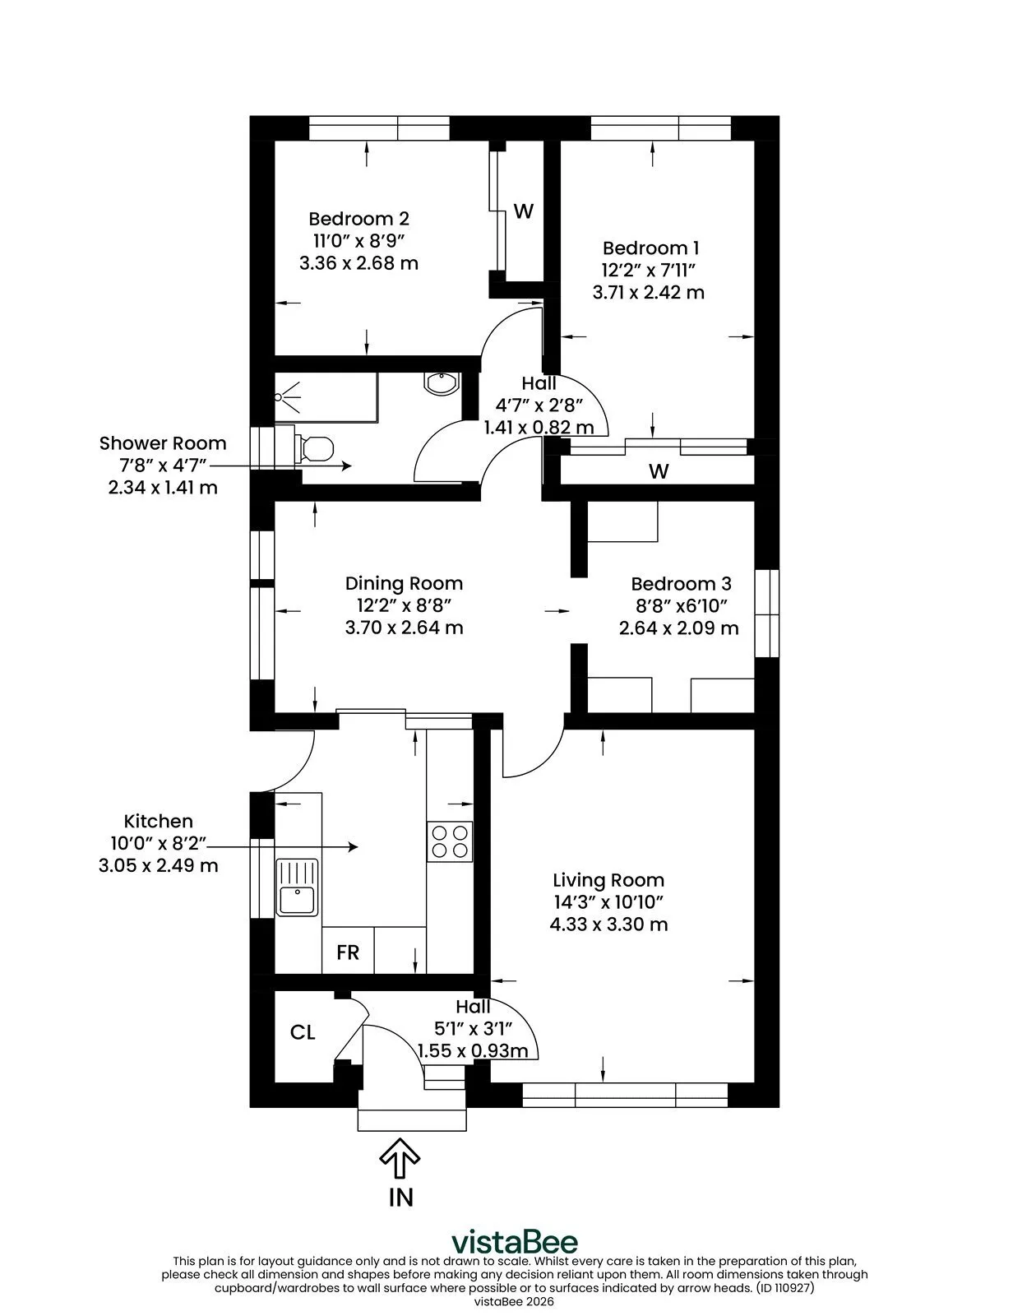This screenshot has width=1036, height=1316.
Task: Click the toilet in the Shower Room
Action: coord(314,448)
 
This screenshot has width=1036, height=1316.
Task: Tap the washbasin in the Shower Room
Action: coord(441,383)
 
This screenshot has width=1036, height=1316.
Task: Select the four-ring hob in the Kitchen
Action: coord(450,841)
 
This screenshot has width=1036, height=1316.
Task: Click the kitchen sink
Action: coord(297,887)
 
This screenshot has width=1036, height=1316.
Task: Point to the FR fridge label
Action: coord(348,952)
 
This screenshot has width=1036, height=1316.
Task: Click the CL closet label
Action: coord(303,1032)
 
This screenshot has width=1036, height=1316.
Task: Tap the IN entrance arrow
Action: coord(400,1157)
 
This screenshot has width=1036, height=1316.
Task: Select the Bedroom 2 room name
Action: coord(359,218)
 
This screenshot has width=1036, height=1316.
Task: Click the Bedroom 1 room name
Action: coord(650,248)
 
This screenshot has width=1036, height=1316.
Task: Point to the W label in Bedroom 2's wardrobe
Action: coord(524,211)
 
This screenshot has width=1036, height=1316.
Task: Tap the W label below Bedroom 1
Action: coord(659,470)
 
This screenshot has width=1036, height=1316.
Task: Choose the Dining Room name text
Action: coord(405,583)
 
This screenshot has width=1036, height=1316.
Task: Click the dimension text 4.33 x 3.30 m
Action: coord(608,924)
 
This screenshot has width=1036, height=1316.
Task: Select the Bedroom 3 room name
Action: coord(682,583)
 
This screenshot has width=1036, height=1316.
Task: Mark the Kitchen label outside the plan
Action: coord(159,821)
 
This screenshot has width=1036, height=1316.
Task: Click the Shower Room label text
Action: coord(163,443)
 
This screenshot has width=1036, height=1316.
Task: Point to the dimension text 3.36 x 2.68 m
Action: coord(359,263)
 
